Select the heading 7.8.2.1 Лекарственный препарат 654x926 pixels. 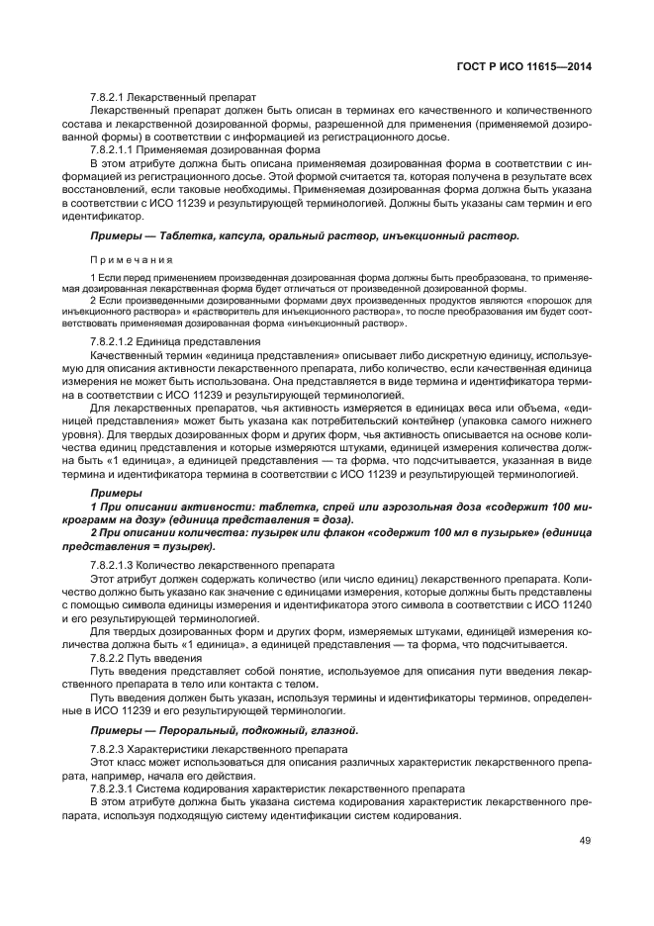pyautogui.click(x=173, y=98)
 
